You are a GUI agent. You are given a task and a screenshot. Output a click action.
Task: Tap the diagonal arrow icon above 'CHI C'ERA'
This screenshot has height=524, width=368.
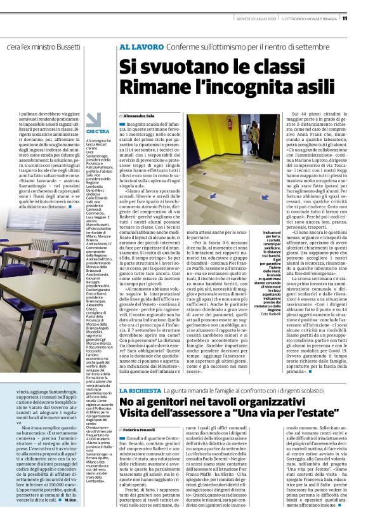(x=94, y=119)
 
